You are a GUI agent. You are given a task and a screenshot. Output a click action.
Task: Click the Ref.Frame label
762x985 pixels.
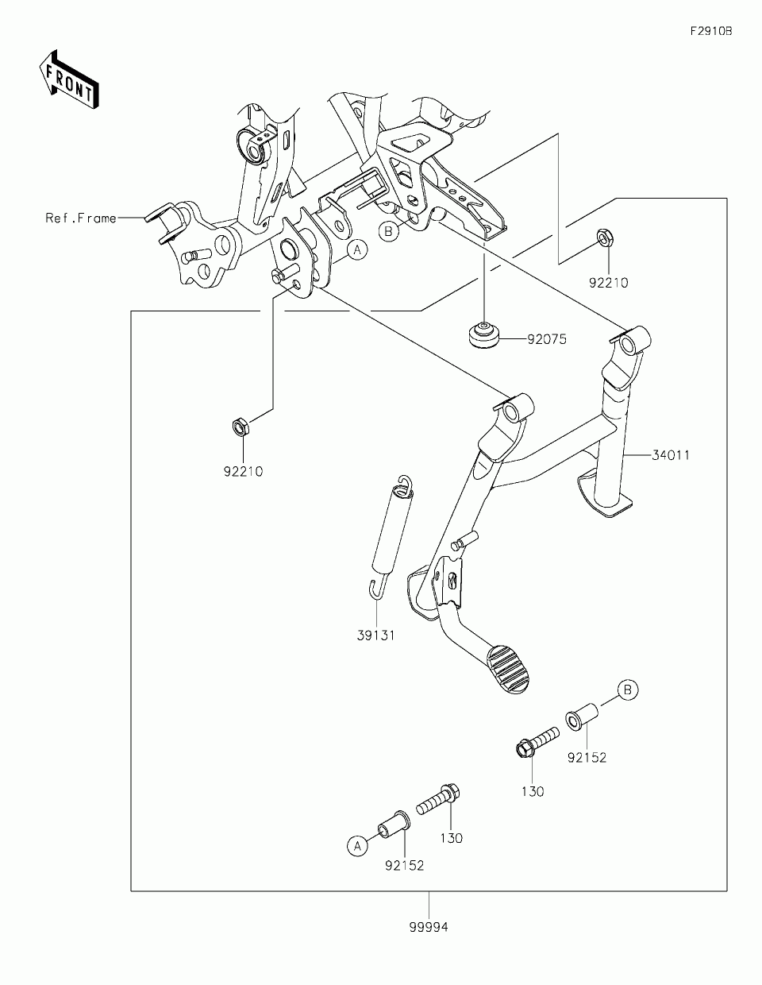pyautogui.click(x=81, y=218)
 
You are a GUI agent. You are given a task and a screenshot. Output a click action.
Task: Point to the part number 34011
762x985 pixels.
pyautogui.click(x=671, y=455)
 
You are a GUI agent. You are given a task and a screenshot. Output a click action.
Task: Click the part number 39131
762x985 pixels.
pyautogui.click(x=375, y=635)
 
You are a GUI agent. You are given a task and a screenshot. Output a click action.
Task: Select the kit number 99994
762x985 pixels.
pyautogui.click(x=429, y=927)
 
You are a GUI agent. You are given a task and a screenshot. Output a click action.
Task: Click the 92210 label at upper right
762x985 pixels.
pyautogui.click(x=608, y=282)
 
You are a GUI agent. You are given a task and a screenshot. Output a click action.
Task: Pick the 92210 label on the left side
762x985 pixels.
pyautogui.click(x=243, y=471)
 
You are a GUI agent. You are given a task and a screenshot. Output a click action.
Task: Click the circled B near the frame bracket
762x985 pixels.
pyautogui.click(x=388, y=231)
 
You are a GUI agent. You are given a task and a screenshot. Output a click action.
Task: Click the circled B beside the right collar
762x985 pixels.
pyautogui.click(x=627, y=690)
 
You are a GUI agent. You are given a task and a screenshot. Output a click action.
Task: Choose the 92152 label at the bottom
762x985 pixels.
pyautogui.click(x=405, y=865)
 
